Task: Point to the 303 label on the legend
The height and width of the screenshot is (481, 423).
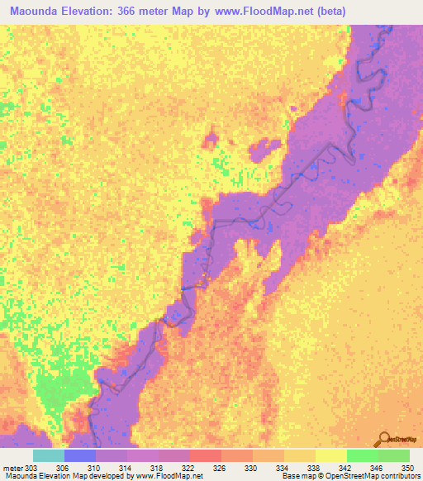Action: click(x=31, y=468)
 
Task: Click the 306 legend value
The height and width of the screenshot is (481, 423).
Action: click(x=62, y=468)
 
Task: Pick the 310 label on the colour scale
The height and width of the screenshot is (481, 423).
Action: click(x=93, y=468)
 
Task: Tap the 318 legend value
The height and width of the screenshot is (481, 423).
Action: click(x=156, y=468)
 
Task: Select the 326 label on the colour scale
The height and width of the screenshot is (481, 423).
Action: click(x=219, y=468)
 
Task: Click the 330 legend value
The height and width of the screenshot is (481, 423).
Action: click(x=250, y=468)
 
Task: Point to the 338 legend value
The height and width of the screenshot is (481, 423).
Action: click(x=313, y=468)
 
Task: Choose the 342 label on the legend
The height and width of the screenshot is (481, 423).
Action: click(x=345, y=468)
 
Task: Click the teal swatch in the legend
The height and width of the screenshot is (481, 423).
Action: click(x=49, y=455)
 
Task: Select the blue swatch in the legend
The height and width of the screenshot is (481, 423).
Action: click(x=80, y=455)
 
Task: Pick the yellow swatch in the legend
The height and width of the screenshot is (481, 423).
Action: click(x=331, y=455)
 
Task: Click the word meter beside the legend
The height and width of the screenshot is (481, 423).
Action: click(x=12, y=468)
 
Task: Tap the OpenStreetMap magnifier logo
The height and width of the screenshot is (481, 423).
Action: click(x=385, y=437)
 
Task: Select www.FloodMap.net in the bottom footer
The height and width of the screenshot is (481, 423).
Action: click(x=169, y=477)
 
